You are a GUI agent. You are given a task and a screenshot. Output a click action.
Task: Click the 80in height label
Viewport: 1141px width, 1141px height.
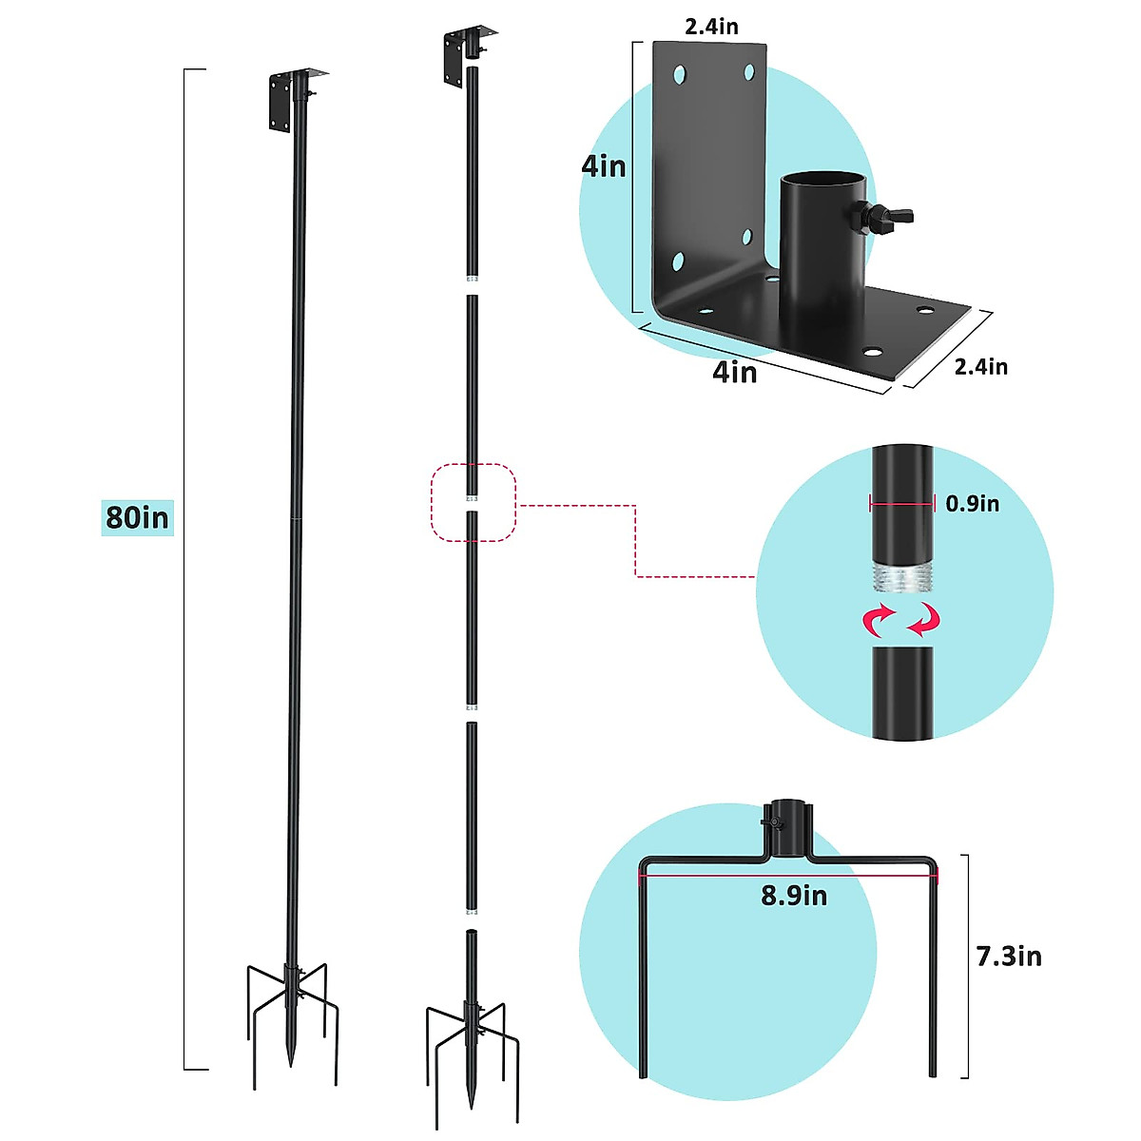[x=137, y=517]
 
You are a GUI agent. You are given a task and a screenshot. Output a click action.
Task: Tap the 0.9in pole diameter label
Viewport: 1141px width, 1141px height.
[x=972, y=504]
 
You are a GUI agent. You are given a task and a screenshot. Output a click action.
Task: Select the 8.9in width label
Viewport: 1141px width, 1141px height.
[x=794, y=896]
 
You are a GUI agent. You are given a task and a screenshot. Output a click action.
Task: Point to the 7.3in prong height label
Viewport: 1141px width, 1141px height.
[x=1009, y=956]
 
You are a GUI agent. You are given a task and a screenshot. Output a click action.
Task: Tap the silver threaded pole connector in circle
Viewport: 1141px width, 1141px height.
[x=901, y=576]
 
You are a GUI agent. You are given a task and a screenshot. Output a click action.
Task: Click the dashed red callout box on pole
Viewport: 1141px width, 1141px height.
[x=474, y=502]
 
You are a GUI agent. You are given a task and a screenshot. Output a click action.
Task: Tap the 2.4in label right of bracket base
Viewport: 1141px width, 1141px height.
[x=981, y=367]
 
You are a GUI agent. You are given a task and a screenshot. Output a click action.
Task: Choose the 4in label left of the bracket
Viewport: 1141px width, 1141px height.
[x=604, y=166]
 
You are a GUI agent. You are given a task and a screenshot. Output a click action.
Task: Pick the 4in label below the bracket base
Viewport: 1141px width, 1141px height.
[x=735, y=372]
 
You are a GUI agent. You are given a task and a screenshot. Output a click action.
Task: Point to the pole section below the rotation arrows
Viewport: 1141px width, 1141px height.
[x=902, y=690]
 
